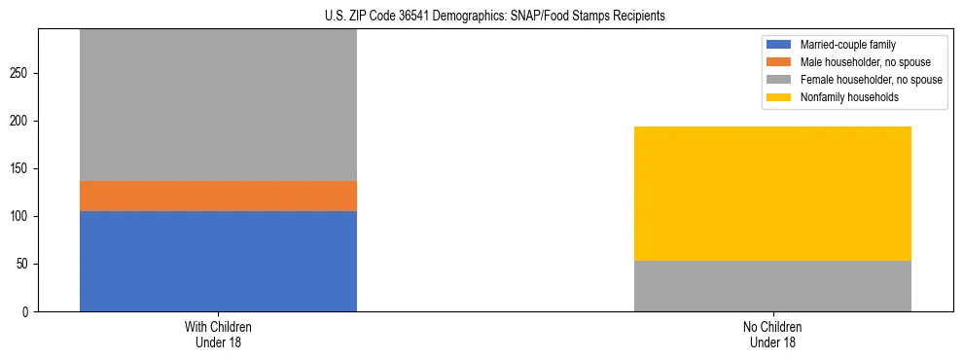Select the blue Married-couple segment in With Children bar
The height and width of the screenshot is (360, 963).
point(218,261)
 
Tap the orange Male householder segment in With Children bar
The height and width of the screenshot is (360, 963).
point(218,196)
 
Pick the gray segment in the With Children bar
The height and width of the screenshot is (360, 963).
point(218,105)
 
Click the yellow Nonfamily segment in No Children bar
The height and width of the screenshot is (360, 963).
point(772,194)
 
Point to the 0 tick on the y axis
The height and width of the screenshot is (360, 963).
point(28,311)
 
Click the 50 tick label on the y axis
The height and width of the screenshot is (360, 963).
point(25,264)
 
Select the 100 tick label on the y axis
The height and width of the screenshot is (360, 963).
point(22,216)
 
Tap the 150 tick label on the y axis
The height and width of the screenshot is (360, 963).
point(22,168)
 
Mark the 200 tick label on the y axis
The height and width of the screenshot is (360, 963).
point(22,121)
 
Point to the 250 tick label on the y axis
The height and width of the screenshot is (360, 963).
point(22,73)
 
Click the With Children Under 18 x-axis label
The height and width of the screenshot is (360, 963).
point(218,335)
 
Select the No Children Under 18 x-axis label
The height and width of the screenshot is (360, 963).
point(772,335)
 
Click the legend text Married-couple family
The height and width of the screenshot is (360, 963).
point(848,45)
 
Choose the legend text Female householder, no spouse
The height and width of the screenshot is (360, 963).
point(871,80)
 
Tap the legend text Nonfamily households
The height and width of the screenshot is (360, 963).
point(849,97)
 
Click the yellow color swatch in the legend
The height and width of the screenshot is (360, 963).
point(779,97)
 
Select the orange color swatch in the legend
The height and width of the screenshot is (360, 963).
point(779,62)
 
